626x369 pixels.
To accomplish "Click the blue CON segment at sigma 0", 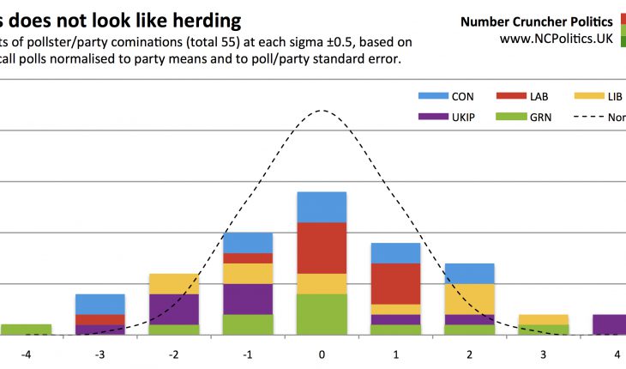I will coord(322,207).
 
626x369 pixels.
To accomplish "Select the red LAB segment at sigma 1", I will coord(395,283).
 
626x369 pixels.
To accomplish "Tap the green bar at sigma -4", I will coord(26,330).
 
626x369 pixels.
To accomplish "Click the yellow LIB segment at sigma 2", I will coord(469,299).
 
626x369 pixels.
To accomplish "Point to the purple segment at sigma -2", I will coord(174,309).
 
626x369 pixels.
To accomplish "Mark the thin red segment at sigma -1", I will coord(248,258).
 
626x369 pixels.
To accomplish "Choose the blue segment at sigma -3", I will coord(100,304).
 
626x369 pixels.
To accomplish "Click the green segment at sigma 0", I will coord(322,314).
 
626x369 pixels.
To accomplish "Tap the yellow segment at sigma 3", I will coord(543,319).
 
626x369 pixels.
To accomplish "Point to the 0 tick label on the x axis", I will coord(322,354).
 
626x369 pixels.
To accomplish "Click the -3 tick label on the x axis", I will coord(99,354).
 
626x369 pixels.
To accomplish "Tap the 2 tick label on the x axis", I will coord(469,354).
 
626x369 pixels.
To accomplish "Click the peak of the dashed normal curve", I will coord(322,110).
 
